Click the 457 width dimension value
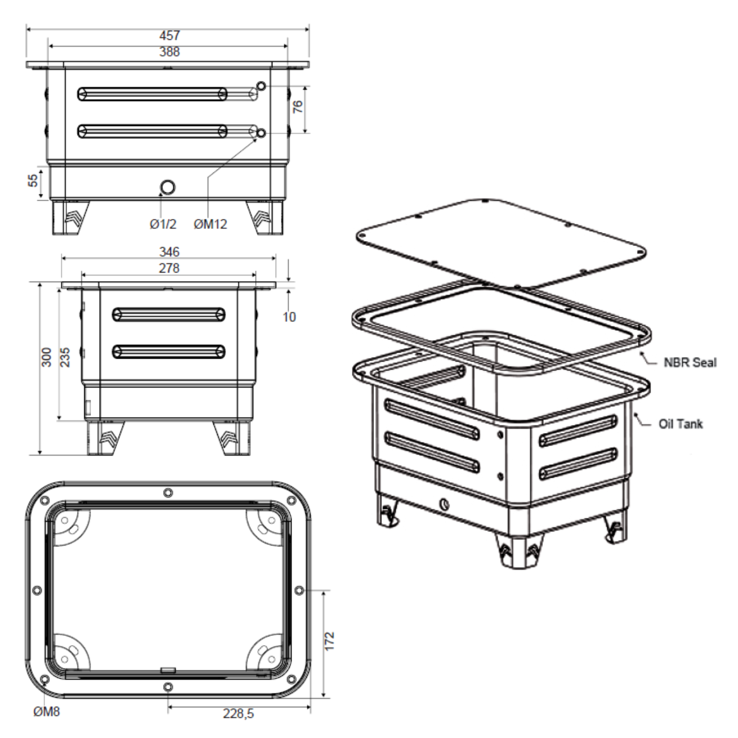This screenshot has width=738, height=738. tap(169, 36)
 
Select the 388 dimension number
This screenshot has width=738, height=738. tap(169, 52)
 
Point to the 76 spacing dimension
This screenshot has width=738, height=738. tap(298, 106)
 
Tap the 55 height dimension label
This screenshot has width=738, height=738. tap(33, 180)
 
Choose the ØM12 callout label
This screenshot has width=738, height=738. tap(210, 224)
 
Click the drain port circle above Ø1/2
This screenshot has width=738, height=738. tap(167, 187)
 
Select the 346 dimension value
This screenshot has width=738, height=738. tap(169, 252)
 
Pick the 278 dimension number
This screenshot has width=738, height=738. tap(169, 268)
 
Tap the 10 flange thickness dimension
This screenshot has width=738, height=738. tap(289, 317)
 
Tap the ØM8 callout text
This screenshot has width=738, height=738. tap(47, 713)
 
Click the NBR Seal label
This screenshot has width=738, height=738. tap(689, 362)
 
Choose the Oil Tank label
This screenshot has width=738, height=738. tap(680, 424)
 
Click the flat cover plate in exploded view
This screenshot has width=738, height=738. tap(501, 243)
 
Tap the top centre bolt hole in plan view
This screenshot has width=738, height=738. tap(169, 493)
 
